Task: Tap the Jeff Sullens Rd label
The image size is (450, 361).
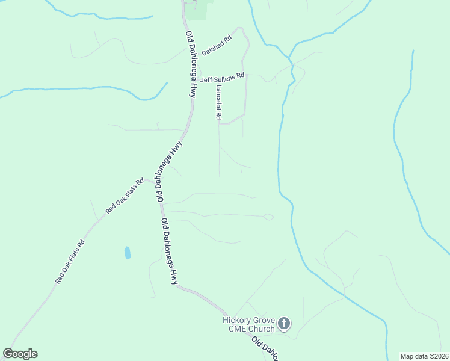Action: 222,78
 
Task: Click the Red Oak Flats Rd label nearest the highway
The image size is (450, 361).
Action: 125,196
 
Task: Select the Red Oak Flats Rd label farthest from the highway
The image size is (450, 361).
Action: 70,262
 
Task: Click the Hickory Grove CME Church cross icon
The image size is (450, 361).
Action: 285,324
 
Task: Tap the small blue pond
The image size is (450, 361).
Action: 128,253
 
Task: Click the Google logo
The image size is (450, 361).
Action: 20,354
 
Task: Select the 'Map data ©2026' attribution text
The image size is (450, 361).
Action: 424,356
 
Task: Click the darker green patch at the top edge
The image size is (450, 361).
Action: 199,10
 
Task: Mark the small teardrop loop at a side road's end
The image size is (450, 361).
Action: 268,217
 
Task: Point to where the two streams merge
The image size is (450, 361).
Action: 290,59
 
